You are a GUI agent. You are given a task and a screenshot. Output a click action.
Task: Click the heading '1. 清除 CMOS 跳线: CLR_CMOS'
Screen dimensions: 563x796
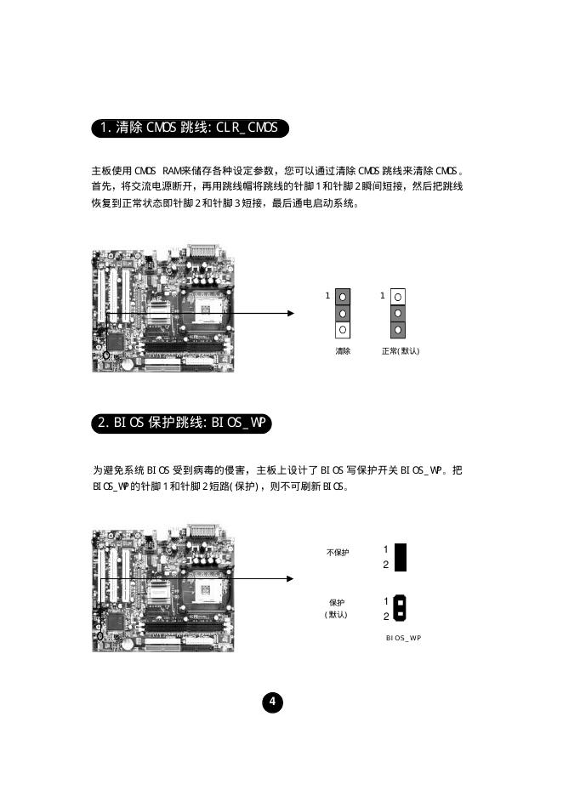[x=189, y=128]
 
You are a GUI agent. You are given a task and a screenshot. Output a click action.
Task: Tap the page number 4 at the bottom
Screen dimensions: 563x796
[x=272, y=702]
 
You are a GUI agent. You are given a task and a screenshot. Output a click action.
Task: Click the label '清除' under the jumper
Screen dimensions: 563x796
[x=342, y=351]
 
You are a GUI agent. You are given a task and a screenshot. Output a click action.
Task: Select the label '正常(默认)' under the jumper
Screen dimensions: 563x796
[x=401, y=351]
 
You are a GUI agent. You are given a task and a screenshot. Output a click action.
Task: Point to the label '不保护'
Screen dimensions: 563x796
[x=338, y=553]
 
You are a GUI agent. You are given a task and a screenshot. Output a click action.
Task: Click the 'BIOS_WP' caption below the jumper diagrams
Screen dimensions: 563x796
[x=403, y=637]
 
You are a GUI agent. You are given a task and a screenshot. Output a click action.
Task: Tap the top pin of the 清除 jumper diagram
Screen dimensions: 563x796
[x=342, y=297]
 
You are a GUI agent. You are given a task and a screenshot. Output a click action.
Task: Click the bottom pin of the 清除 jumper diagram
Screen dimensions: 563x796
[x=342, y=329]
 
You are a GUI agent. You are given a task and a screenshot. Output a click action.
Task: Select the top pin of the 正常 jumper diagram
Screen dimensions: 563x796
[x=399, y=297]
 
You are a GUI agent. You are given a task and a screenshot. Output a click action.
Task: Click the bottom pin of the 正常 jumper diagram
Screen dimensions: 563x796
[x=399, y=329]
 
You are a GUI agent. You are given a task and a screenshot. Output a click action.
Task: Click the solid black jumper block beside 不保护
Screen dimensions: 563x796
[x=401, y=557]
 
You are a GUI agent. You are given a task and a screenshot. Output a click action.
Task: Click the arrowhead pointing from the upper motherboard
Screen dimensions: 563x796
[x=290, y=313]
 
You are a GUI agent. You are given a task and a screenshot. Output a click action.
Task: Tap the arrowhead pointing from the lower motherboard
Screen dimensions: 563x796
[x=290, y=579]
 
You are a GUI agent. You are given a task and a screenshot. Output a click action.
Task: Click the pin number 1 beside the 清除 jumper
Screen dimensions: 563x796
[x=327, y=296]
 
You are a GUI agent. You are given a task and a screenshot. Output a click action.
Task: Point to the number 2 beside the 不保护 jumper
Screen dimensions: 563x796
[x=385, y=565]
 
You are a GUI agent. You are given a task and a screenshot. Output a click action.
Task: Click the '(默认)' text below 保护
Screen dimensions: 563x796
[x=336, y=615]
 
